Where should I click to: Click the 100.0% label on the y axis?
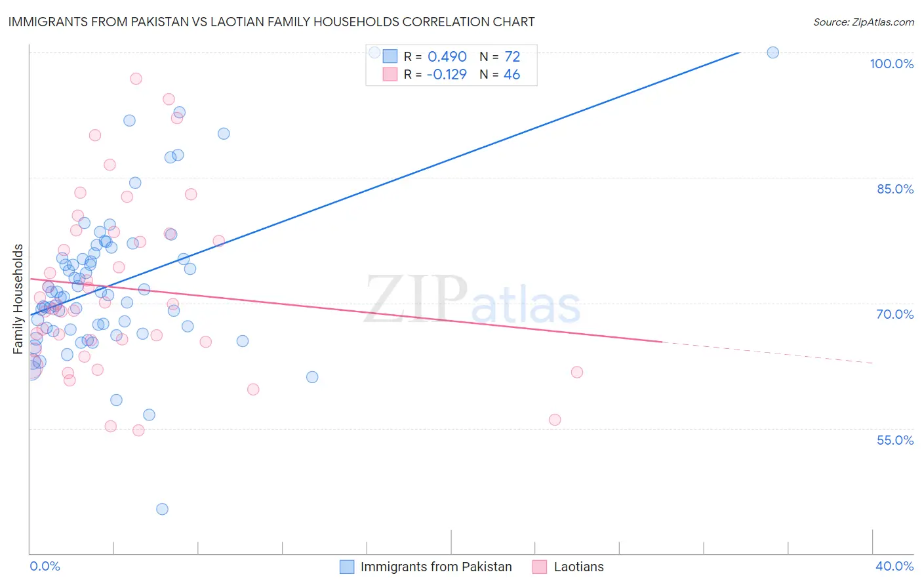891,64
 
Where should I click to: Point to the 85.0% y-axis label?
895,189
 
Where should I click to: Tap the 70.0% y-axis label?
894,314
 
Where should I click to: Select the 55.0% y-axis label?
895,440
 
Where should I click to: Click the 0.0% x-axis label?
45,566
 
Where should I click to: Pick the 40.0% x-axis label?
894,566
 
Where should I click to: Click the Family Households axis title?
18,299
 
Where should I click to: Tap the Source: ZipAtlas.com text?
863,22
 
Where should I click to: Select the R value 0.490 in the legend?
447,56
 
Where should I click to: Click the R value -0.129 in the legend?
446,74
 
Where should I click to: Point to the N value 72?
512,56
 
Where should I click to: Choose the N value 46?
511,74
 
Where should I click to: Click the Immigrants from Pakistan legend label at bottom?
436,567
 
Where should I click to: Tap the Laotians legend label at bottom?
578,567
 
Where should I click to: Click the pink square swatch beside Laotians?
540,567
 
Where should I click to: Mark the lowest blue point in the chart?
162,509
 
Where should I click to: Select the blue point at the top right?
772,52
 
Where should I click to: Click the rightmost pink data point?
577,372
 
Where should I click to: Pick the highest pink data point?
136,79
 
